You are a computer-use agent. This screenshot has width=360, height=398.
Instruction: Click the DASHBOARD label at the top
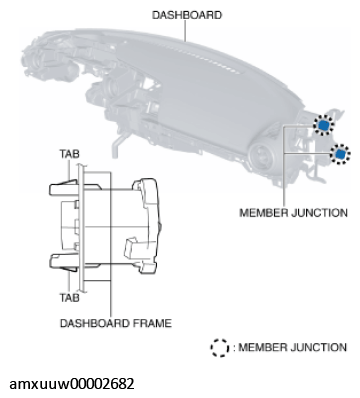tap(187, 15)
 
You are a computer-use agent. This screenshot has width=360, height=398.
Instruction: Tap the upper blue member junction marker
tap(323, 125)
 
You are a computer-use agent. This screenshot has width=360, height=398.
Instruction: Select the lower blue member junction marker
tap(340, 154)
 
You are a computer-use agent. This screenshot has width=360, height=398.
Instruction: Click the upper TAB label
tap(69, 154)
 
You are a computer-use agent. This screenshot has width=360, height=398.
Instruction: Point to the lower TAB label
tap(69, 297)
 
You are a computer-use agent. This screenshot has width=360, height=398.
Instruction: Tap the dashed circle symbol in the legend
tap(220, 348)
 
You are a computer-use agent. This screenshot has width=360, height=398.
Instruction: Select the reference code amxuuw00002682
tap(72, 384)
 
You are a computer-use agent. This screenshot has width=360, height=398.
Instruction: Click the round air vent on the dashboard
tap(262, 157)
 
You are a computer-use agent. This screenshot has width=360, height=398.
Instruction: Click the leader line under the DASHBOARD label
tap(185, 31)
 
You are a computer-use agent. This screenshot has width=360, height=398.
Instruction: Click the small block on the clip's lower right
tap(133, 249)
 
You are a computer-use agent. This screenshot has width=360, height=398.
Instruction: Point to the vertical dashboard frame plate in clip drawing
tap(81, 228)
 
